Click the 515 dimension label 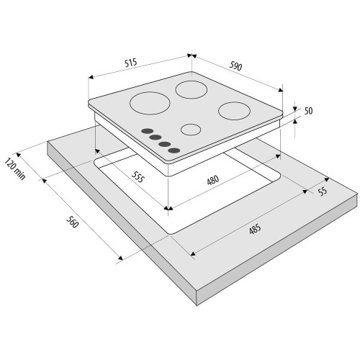(x=131, y=63)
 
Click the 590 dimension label (x=235, y=66)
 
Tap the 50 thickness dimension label (x=309, y=111)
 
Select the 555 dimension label (x=138, y=176)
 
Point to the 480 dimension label (x=213, y=180)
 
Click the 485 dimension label (x=255, y=229)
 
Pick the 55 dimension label (x=323, y=192)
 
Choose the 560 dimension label (x=72, y=222)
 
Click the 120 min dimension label (x=15, y=168)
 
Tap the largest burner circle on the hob (x=150, y=103)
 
